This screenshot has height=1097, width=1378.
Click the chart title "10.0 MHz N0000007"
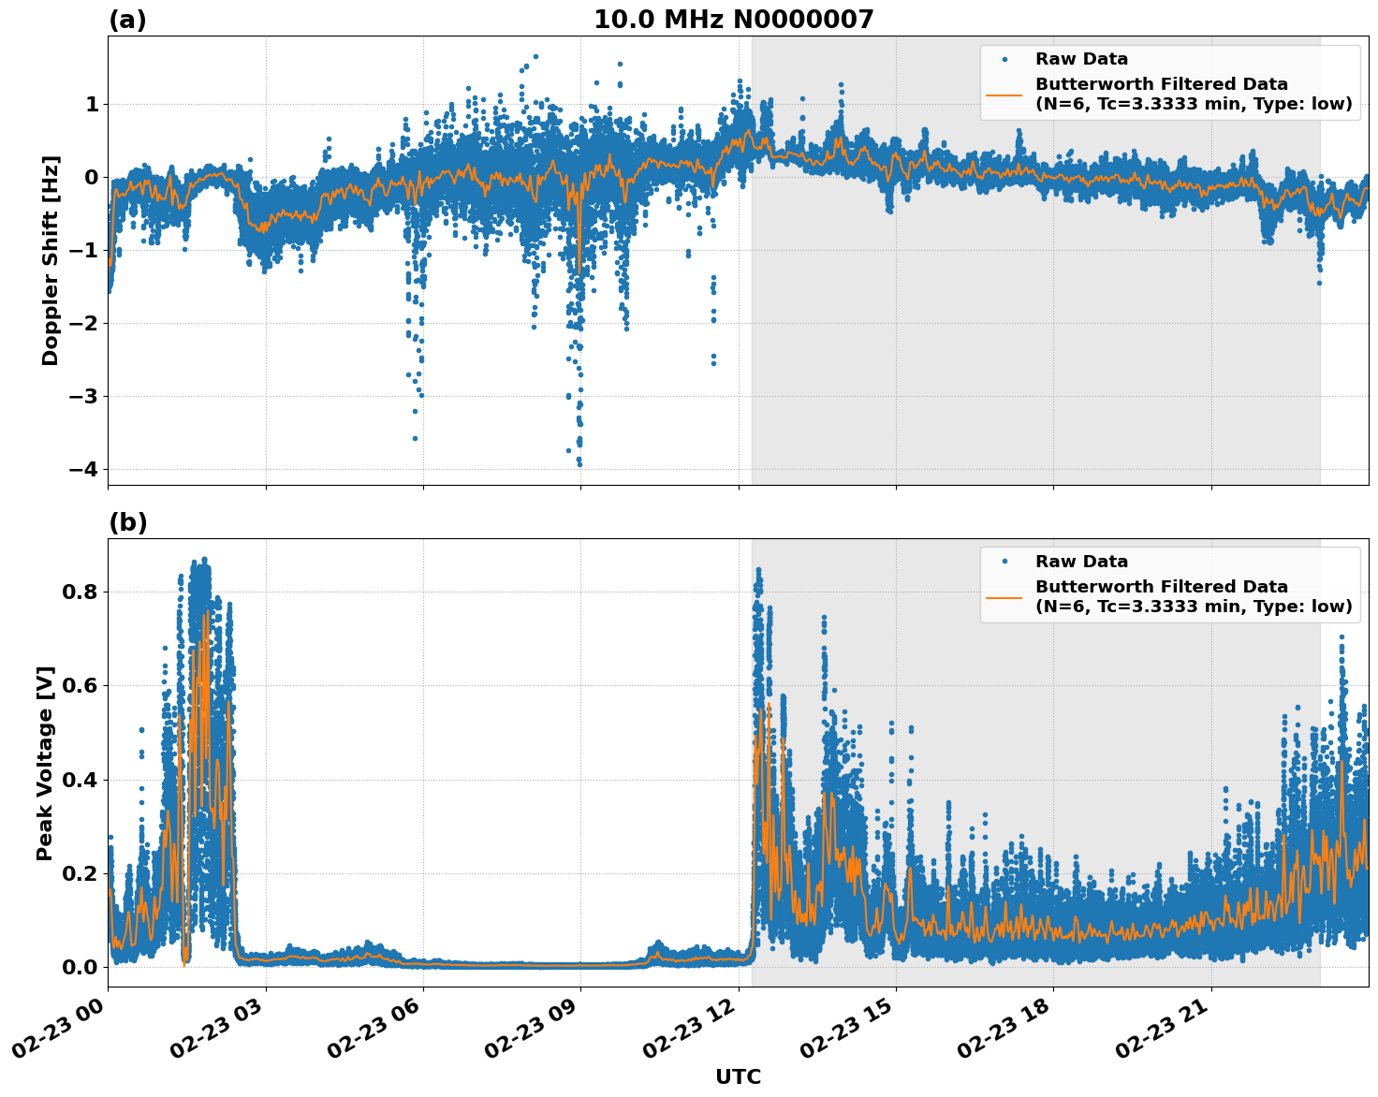(733, 20)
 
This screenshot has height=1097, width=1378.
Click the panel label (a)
(127, 20)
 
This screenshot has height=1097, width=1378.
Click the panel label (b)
(127, 522)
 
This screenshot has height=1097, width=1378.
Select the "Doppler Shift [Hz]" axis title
(51, 260)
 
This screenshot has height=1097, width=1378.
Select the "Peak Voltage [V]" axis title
(45, 763)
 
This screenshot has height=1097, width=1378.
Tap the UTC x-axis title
(738, 1076)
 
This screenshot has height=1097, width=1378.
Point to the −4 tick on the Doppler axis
(85, 469)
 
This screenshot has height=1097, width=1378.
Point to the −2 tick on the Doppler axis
(85, 323)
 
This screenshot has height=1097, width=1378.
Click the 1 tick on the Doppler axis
(92, 104)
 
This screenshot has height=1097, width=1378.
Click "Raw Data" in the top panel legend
(1081, 59)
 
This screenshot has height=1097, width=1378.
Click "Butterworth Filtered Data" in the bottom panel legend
(1161, 587)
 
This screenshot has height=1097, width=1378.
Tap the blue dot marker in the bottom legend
(1004, 562)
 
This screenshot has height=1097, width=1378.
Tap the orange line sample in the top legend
(1004, 94)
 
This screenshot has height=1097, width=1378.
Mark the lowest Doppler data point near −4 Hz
(579, 463)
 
